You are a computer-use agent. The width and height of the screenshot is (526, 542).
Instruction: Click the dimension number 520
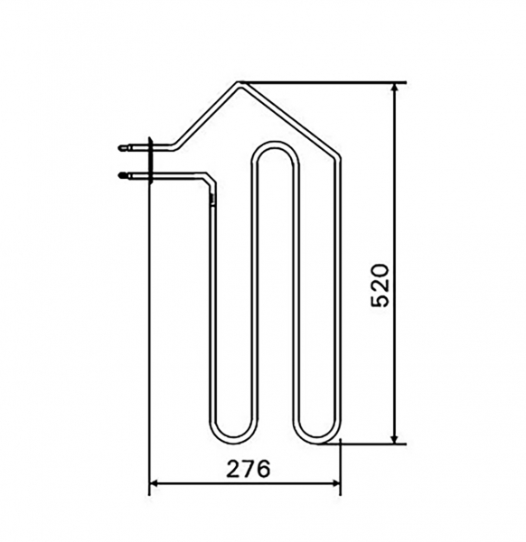pyautogui.click(x=380, y=285)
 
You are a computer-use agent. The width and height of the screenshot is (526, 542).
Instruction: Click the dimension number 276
pyautogui.click(x=248, y=469)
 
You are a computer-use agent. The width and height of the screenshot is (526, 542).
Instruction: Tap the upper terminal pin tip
pyautogui.click(x=119, y=148)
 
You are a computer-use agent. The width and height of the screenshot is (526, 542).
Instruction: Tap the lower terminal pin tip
pyautogui.click(x=119, y=175)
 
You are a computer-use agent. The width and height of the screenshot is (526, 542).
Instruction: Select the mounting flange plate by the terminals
pyautogui.click(x=150, y=160)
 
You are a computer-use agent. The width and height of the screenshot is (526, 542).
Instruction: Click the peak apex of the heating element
pyautogui.click(x=240, y=84)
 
